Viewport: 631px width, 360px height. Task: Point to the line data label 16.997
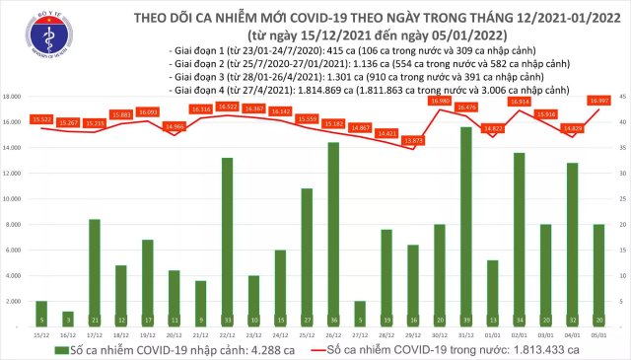598,101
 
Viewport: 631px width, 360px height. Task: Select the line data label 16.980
440,101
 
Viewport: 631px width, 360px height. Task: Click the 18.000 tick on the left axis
14,97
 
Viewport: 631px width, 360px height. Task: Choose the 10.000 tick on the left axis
14,199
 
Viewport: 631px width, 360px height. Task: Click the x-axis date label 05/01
598,333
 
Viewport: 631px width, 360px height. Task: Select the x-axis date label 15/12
41,333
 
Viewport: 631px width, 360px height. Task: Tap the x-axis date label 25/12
307,333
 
